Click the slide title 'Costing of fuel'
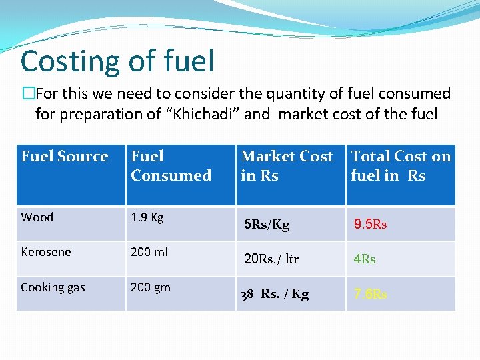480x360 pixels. (117, 61)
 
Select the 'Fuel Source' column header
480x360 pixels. (65, 157)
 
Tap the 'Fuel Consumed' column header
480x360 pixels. (171, 166)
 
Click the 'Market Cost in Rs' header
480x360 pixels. (287, 166)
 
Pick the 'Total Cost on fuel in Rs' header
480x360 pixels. (401, 166)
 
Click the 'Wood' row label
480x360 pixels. (37, 217)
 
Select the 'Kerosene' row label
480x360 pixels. (45, 252)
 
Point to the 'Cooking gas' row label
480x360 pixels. (53, 287)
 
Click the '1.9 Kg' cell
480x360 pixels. (147, 217)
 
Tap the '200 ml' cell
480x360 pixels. (150, 252)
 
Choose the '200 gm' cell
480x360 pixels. (151, 287)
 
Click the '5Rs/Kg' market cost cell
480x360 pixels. (267, 225)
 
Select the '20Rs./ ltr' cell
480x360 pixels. (271, 259)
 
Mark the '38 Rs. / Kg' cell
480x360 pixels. (275, 294)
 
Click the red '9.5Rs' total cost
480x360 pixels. (370, 225)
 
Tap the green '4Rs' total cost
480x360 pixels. (365, 259)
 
